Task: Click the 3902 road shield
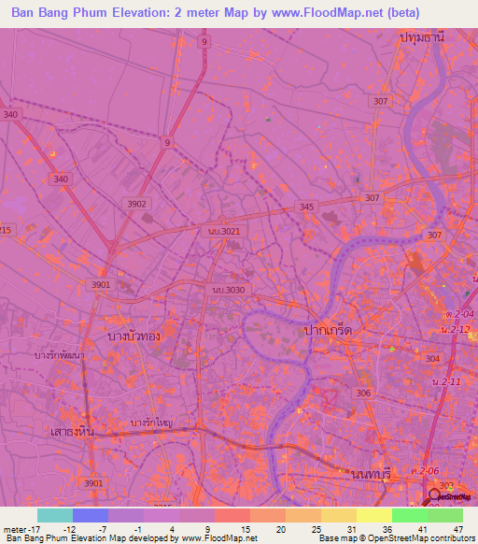[136, 204]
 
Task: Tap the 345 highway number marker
[307, 207]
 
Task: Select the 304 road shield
[431, 359]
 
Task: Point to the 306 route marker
[363, 394]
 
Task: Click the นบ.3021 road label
[225, 230]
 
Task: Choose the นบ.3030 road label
[229, 291]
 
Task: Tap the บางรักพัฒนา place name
[60, 356]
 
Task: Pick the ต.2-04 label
[459, 314]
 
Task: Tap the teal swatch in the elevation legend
[55, 515]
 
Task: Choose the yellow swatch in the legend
[373, 515]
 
